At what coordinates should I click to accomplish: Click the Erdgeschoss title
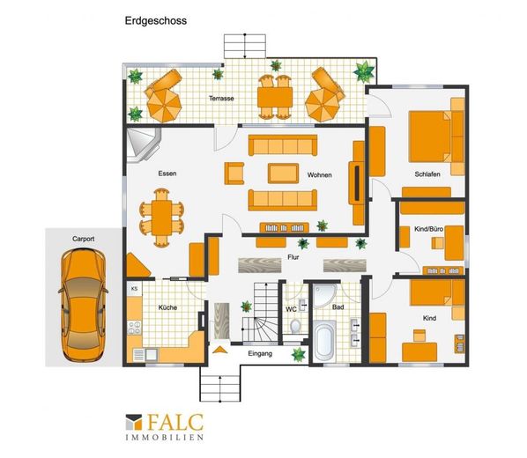point(156,21)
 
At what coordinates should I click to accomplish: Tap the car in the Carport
point(84,306)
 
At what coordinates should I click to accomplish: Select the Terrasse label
point(221,99)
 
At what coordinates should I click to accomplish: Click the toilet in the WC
point(295,326)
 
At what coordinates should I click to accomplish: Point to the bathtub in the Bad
point(324,342)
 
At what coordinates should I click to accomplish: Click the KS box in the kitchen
point(135,289)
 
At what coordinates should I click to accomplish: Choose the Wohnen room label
point(319,175)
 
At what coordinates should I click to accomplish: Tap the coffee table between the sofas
point(283,174)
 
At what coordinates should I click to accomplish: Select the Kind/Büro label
point(428,229)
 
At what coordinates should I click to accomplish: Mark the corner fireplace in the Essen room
point(144,144)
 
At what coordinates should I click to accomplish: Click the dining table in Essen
point(161,218)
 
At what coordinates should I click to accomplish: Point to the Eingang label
point(260,353)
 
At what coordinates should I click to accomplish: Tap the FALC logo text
point(175,422)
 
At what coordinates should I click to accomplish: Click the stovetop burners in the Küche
point(135,328)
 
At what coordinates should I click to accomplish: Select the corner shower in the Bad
point(324,296)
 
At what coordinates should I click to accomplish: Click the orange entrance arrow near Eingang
point(220,350)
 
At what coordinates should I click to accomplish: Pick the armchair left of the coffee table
point(234,174)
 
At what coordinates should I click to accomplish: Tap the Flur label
point(293,257)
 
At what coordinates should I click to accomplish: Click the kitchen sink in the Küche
point(151,354)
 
